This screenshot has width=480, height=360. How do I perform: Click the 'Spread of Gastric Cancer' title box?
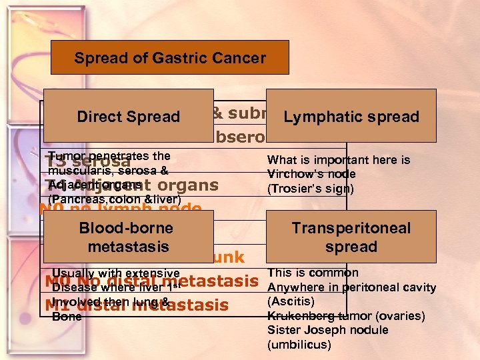170,57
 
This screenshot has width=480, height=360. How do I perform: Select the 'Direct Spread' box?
128,117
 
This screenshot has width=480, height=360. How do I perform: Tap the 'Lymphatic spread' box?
351,117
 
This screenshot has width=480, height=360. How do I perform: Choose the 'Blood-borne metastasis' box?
126,237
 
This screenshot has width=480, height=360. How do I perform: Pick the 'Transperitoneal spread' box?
351,237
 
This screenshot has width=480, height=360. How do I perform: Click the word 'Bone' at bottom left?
67,317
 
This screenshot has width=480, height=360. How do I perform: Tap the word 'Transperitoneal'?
351,228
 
